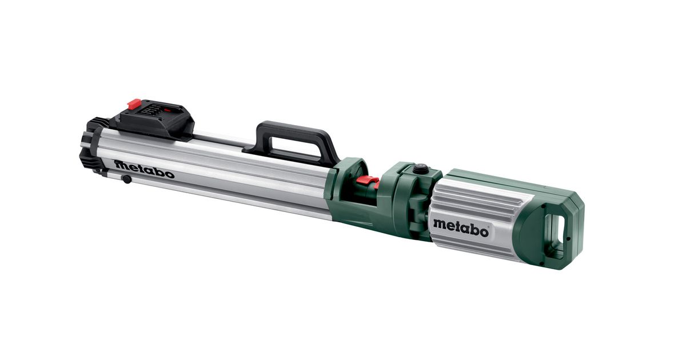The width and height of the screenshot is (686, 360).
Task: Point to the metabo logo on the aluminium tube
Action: pyautogui.click(x=144, y=169)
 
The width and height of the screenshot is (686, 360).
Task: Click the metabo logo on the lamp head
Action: pyautogui.click(x=461, y=228)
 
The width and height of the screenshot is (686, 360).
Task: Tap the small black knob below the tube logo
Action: pyautogui.click(x=126, y=179)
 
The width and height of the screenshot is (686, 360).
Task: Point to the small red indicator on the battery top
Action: pyautogui.click(x=167, y=109)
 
